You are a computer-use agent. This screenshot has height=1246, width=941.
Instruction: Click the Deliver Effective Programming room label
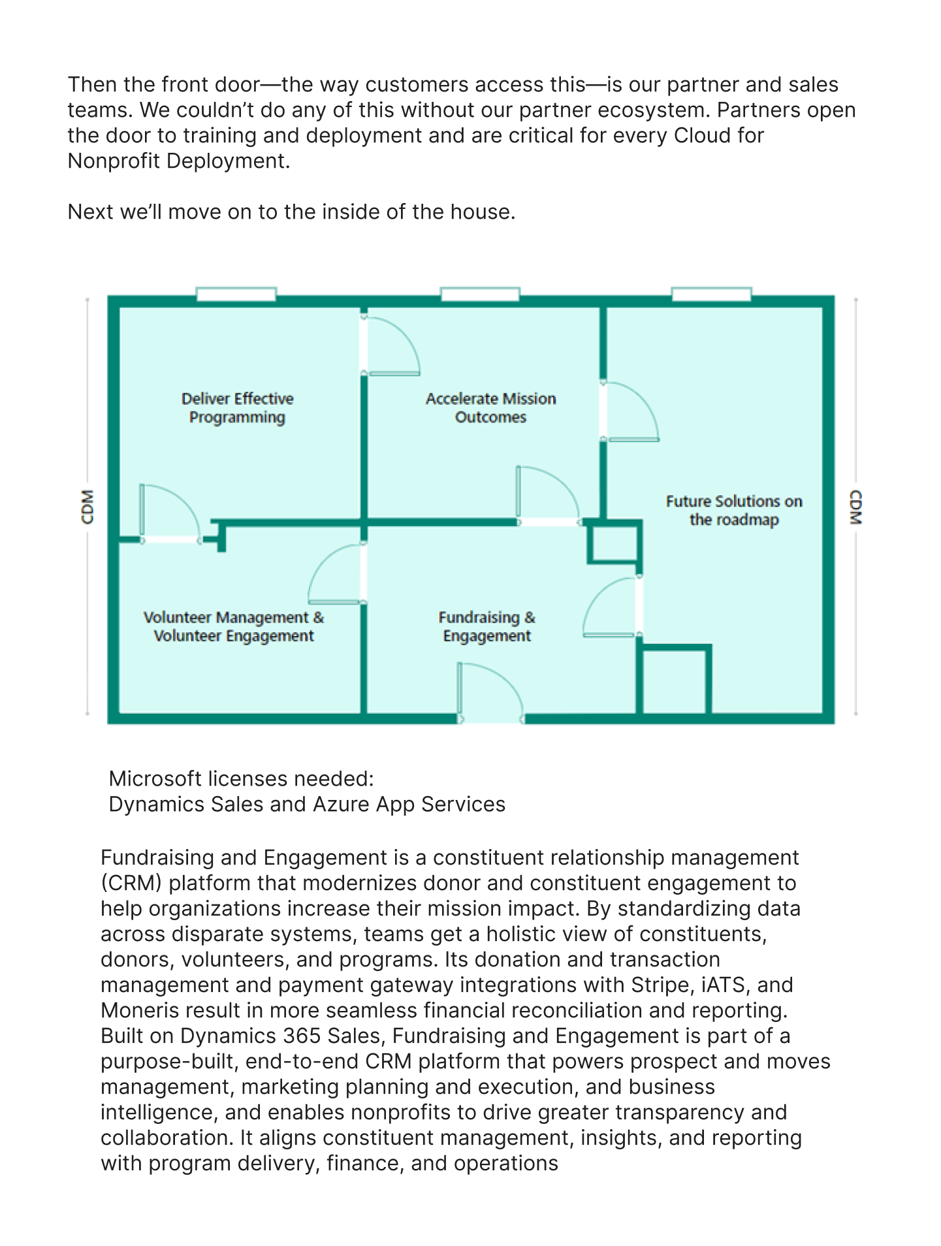[237, 407]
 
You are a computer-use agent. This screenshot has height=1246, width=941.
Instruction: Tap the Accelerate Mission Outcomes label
[490, 407]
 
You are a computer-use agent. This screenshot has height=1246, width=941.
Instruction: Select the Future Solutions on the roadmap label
[734, 510]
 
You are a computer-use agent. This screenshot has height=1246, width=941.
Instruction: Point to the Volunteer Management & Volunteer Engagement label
[234, 626]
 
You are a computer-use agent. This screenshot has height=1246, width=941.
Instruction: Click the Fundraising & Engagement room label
[487, 626]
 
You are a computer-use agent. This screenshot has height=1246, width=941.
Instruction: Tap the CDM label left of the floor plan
[88, 507]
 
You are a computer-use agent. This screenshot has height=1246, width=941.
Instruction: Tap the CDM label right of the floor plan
[855, 507]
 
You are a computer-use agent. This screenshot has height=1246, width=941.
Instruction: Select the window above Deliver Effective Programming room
[236, 295]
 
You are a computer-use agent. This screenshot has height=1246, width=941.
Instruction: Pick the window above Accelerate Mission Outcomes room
[480, 295]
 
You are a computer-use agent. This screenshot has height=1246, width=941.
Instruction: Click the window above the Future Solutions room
[711, 295]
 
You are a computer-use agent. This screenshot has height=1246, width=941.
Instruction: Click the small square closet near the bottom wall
[675, 681]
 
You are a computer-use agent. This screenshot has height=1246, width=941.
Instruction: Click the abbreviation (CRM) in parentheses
[131, 883]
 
